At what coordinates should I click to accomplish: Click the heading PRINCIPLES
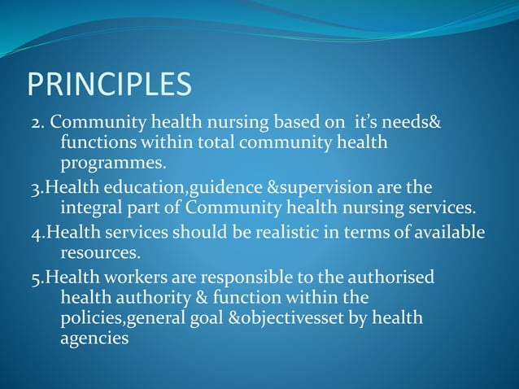coord(110,84)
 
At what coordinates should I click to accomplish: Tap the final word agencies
coord(94,336)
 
